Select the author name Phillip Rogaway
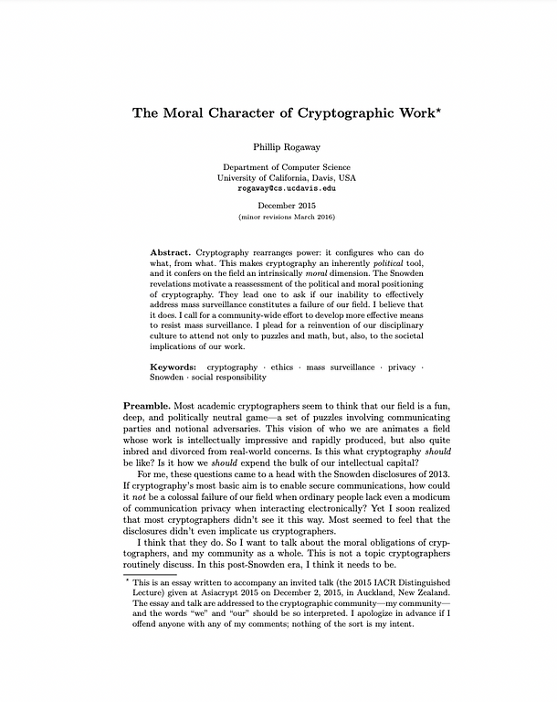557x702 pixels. [278, 146]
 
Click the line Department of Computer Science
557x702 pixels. [278, 167]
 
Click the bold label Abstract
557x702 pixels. [171, 251]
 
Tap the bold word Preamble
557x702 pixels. [151, 405]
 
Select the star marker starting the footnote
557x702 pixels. [126, 579]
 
